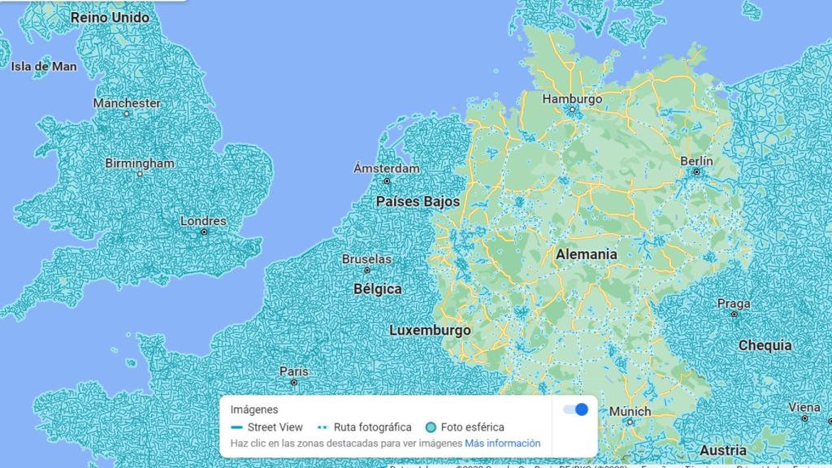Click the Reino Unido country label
click(x=110, y=17)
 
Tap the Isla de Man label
click(x=44, y=66)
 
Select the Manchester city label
click(x=127, y=103)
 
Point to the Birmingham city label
click(x=140, y=162)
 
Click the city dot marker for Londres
click(x=204, y=232)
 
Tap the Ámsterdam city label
click(x=387, y=168)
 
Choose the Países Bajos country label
click(x=418, y=201)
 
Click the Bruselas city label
click(x=366, y=259)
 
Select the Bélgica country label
click(x=378, y=288)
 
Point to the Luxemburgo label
click(x=430, y=331)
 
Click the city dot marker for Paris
click(x=294, y=383)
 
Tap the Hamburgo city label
click(x=572, y=98)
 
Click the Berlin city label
click(x=696, y=161)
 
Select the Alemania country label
click(x=586, y=254)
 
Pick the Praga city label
click(x=734, y=304)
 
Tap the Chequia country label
click(x=765, y=345)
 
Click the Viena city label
click(x=804, y=407)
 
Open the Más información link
click(x=502, y=444)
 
